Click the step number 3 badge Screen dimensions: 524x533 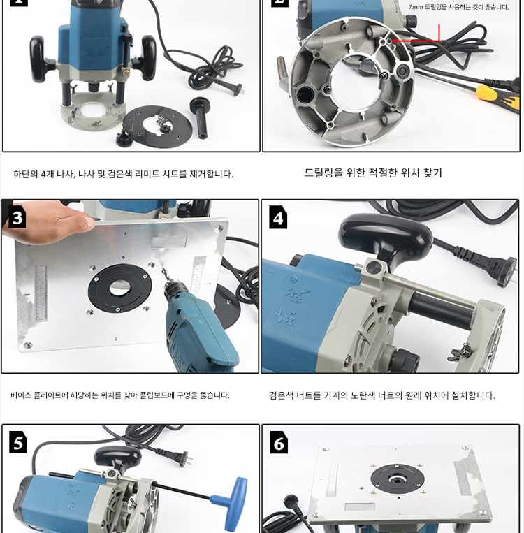coord(17,217)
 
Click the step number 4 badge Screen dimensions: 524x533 coord(278,217)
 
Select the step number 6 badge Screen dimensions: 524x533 coord(279,442)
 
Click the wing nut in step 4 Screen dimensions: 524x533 coord(460,351)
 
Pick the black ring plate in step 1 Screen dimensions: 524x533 coord(157,126)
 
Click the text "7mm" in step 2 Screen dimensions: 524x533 coord(416,7)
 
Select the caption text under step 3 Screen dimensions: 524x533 coord(120,395)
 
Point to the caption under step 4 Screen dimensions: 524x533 coord(382,395)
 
